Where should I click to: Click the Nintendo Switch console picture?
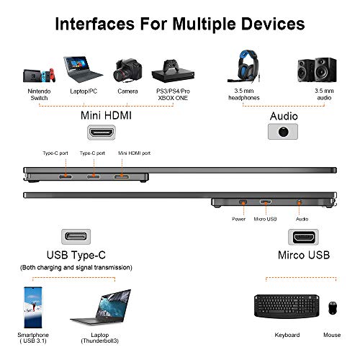(40, 76)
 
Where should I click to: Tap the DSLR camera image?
(127, 71)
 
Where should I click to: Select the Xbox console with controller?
(173, 71)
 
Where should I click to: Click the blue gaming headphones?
(244, 66)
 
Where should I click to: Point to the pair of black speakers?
(317, 70)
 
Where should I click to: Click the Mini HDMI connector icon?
(102, 132)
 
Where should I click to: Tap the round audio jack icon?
(283, 132)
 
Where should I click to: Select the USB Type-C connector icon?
(76, 237)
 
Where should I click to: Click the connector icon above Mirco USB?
(304, 237)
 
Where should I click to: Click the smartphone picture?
(33, 307)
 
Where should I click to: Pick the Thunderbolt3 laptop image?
(101, 307)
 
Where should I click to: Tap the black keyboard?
(287, 306)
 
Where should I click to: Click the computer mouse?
(333, 307)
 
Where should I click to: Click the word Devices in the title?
(273, 24)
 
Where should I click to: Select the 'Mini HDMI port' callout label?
(134, 153)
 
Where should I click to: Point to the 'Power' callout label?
(238, 219)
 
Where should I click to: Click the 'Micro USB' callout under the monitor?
(265, 219)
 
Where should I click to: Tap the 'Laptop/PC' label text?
(84, 91)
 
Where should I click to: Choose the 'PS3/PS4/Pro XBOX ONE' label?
(173, 94)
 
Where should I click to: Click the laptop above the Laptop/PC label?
(83, 69)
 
